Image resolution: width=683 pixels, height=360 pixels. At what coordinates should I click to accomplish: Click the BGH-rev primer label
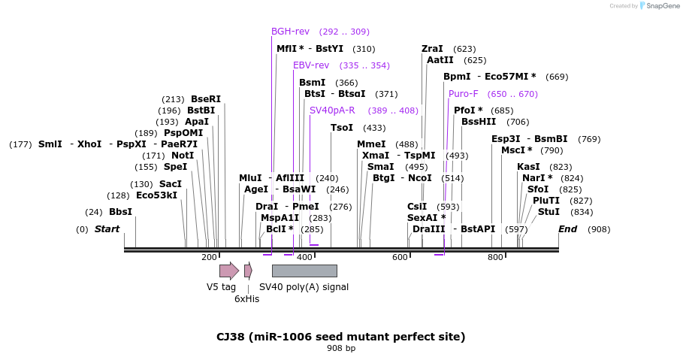[290, 32]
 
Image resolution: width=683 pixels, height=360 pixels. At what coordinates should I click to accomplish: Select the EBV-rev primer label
[311, 65]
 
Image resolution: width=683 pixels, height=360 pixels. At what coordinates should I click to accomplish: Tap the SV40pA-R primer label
[332, 110]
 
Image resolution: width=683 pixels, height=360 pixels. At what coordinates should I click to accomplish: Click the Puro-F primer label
[463, 94]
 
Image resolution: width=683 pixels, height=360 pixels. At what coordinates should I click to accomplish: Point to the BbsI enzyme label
[120, 212]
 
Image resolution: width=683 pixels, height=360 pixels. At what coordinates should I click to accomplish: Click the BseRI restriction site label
[206, 99]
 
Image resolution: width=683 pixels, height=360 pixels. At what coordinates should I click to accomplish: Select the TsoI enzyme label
[342, 128]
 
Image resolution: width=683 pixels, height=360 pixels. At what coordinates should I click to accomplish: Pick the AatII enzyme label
[440, 60]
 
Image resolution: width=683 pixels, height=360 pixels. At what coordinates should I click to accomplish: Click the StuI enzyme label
[549, 212]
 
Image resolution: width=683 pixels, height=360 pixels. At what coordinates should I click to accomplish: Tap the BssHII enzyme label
[479, 122]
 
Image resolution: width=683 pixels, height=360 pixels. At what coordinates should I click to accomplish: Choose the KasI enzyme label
[528, 167]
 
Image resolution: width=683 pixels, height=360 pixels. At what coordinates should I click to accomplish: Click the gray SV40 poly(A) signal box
[304, 271]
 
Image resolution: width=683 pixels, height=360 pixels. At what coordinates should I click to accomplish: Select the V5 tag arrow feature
[228, 271]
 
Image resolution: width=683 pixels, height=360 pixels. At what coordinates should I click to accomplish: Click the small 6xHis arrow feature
[248, 271]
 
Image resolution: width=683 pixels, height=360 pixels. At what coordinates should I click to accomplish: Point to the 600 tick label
[400, 258]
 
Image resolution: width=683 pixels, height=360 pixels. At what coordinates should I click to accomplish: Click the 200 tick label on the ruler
[209, 258]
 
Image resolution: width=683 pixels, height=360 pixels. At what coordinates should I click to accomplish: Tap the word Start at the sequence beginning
[107, 229]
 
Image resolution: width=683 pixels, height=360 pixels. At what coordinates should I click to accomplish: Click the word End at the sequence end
[569, 229]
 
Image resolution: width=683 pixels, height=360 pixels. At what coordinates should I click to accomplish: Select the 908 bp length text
[341, 349]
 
